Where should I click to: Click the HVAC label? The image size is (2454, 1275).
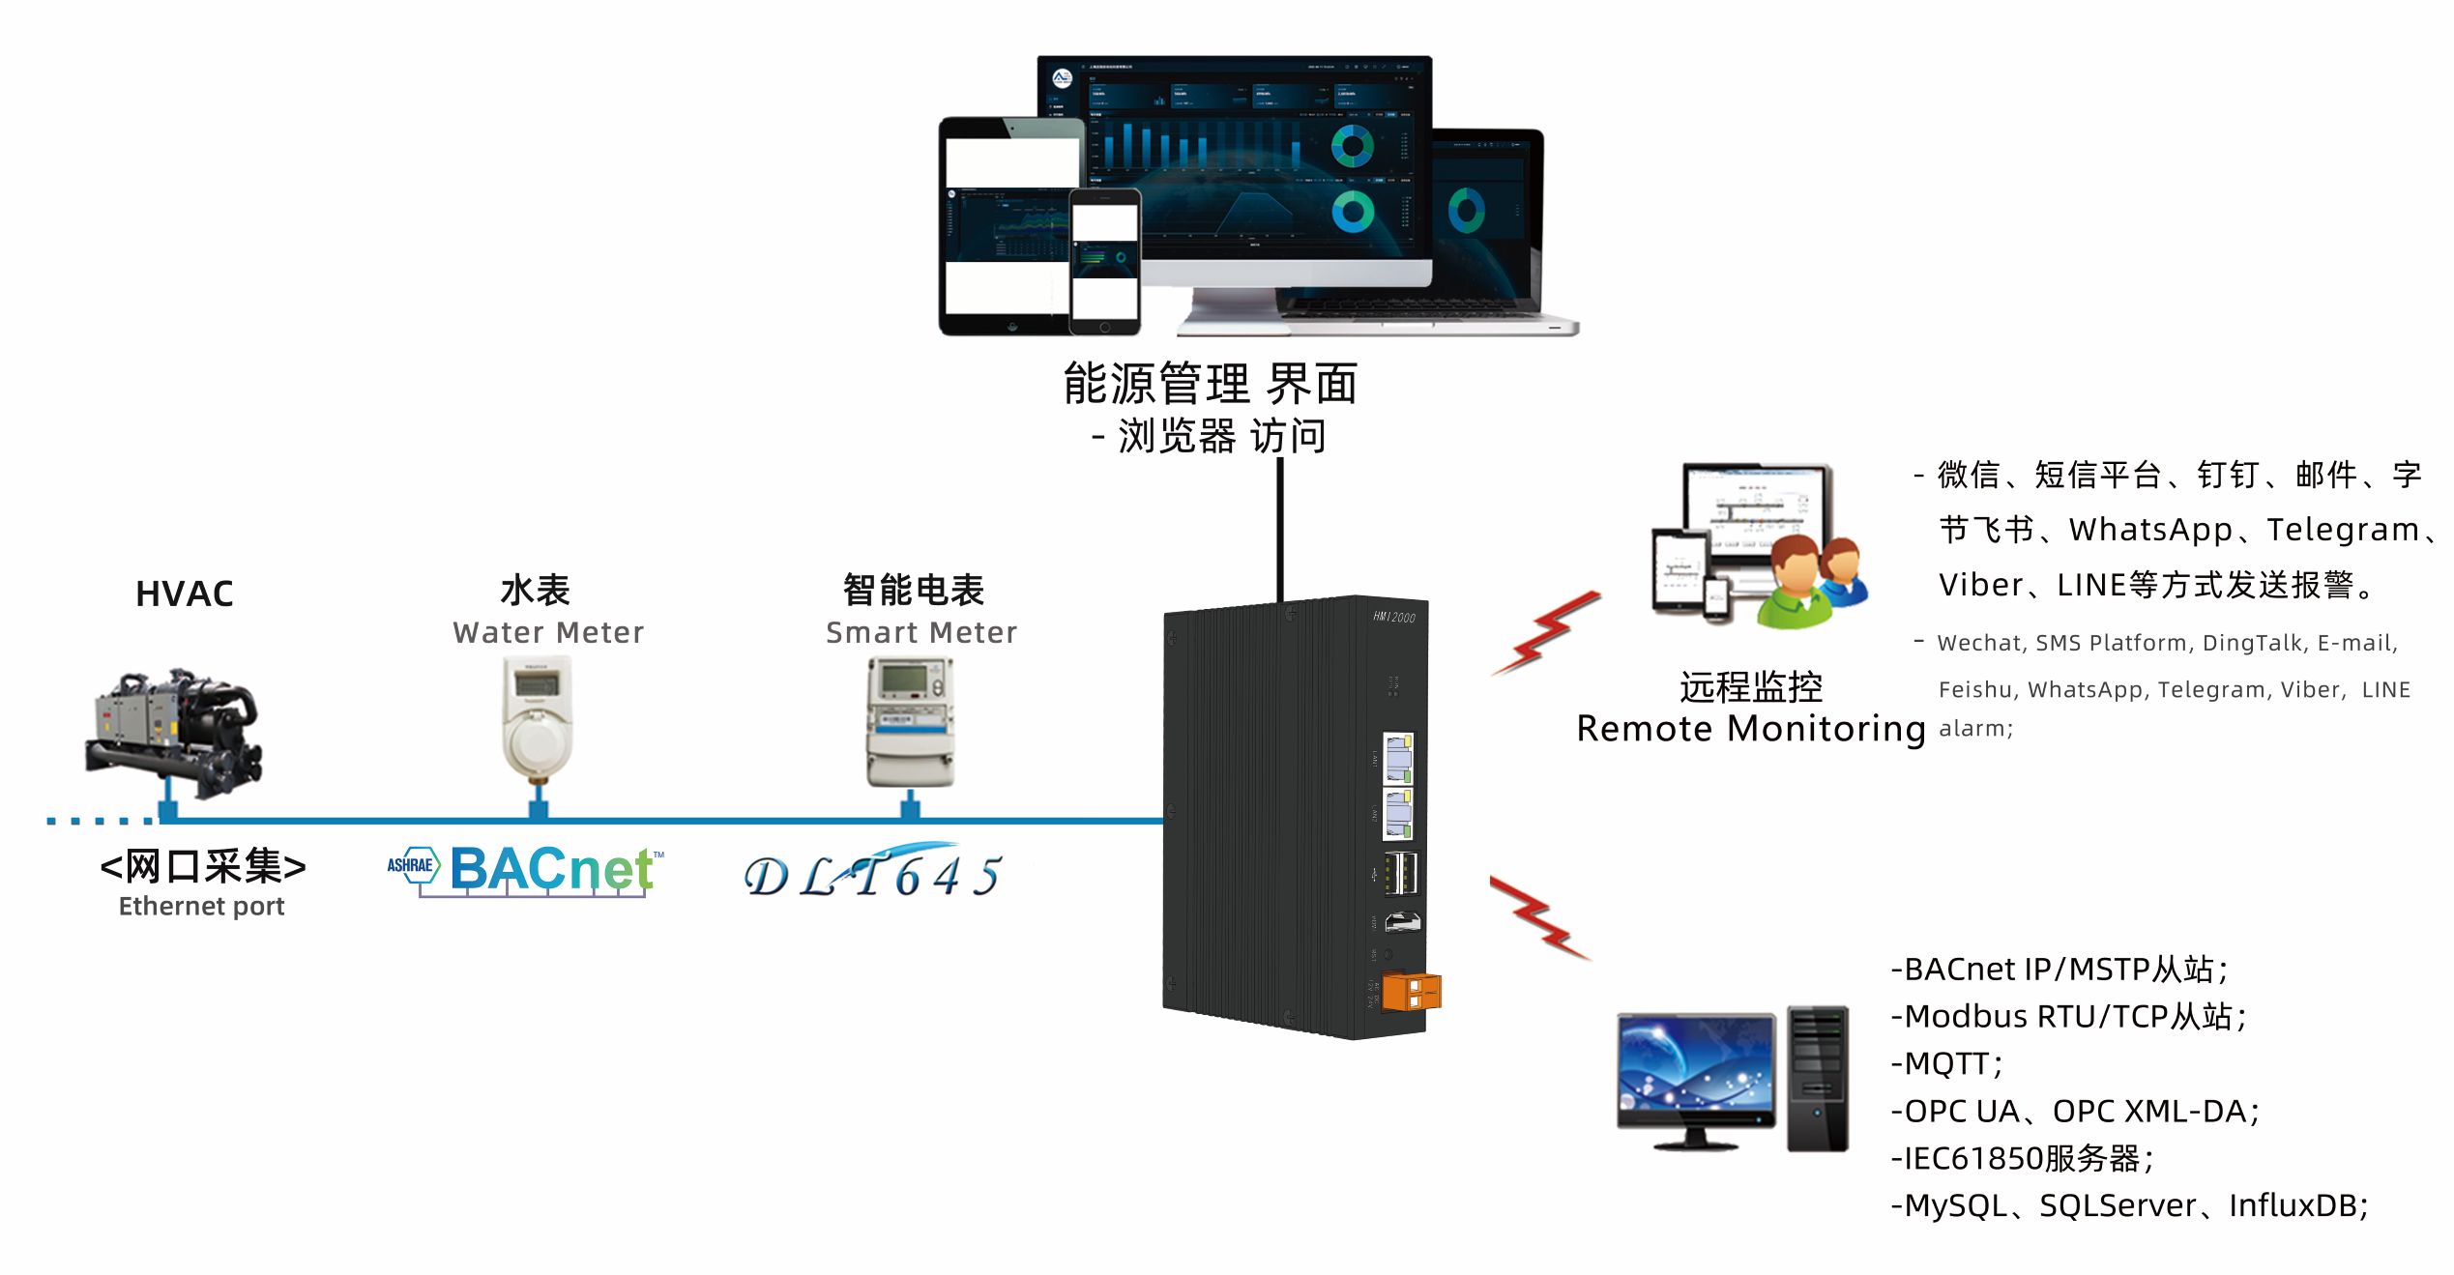[184, 594]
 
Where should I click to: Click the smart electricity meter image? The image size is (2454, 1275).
[909, 720]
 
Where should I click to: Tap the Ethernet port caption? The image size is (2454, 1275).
[201, 907]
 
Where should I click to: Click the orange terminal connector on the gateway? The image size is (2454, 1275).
[1411, 992]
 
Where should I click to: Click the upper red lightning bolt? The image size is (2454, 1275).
[1544, 633]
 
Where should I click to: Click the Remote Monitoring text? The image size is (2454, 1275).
[1750, 729]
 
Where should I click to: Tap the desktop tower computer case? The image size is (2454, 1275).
[1817, 1078]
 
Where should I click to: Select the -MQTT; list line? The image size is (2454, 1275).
[1945, 1063]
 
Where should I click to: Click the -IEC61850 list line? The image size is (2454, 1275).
[2021, 1158]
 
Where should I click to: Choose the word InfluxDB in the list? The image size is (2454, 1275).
[2296, 1205]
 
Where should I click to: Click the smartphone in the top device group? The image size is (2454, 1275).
[1104, 261]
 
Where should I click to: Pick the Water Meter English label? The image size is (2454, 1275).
[547, 633]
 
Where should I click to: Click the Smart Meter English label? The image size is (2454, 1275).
[920, 633]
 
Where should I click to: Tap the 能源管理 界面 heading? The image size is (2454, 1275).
[1210, 385]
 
